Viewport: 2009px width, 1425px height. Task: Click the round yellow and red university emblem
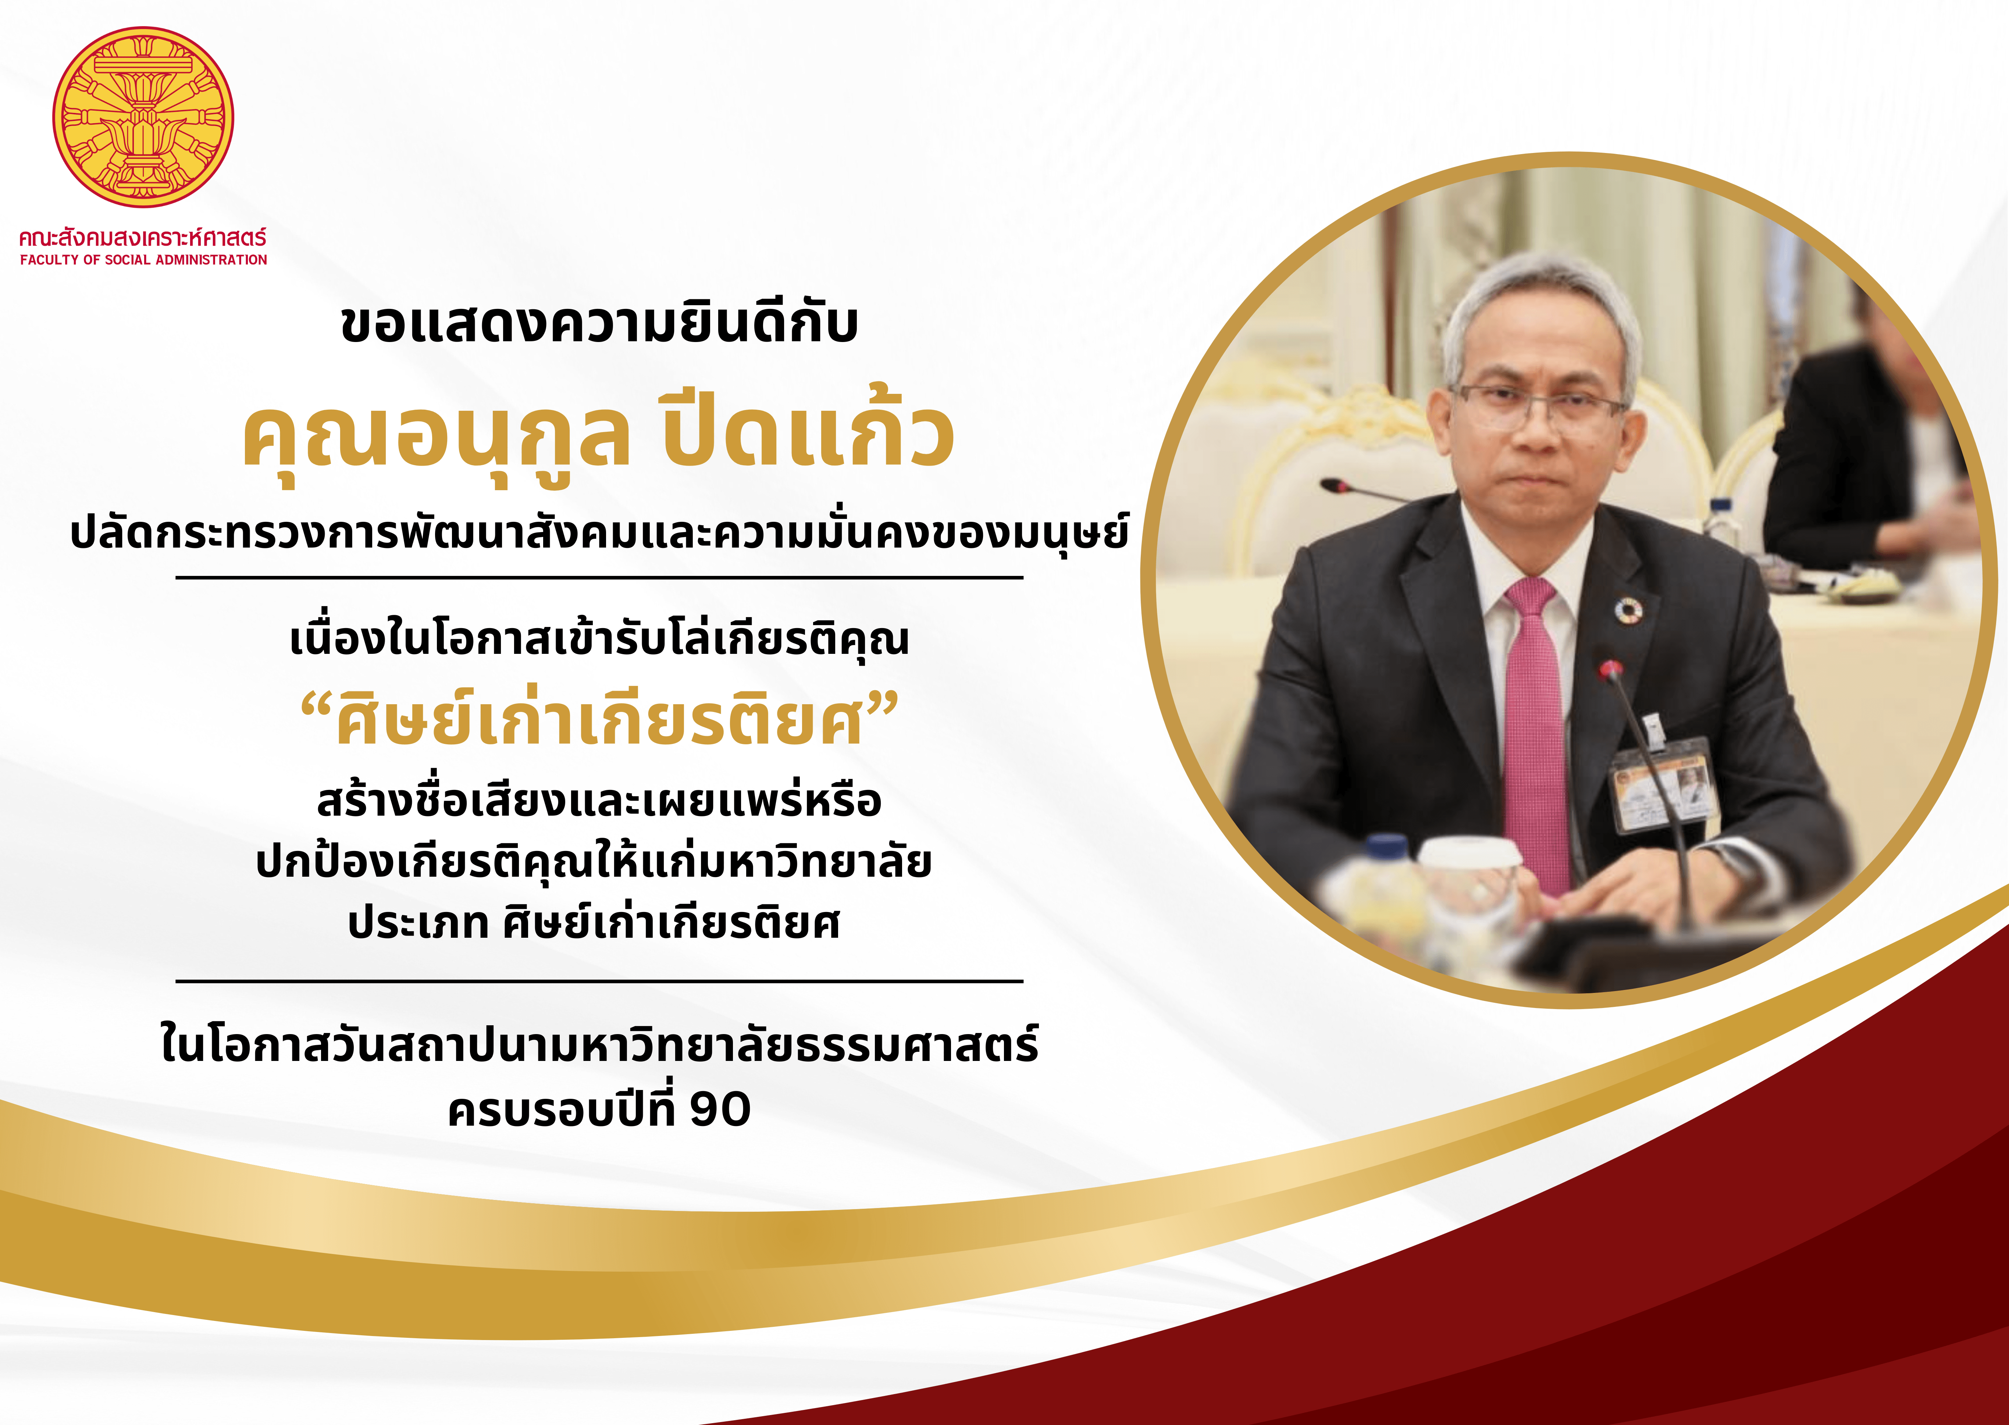point(143,117)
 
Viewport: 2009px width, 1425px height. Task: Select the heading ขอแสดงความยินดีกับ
point(599,323)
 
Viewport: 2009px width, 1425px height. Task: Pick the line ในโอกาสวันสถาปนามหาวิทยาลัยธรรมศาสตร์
point(599,1044)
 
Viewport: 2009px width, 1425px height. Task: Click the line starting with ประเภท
point(594,923)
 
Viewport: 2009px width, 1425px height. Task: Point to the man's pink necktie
point(1537,733)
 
